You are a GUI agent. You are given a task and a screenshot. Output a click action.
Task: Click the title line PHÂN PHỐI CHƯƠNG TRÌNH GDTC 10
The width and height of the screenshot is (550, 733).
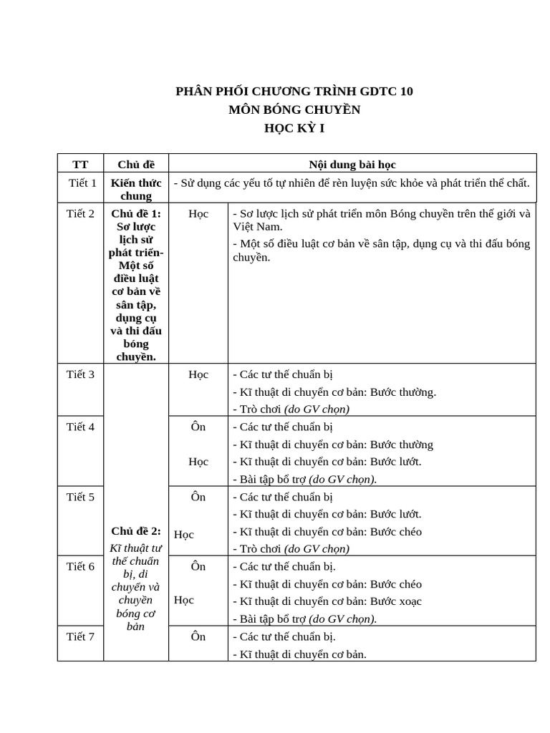pyautogui.click(x=294, y=92)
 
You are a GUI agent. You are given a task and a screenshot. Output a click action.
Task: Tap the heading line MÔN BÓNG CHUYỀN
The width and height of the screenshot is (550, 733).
pyautogui.click(x=294, y=110)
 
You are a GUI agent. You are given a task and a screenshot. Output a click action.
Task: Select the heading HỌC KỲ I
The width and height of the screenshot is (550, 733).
pyautogui.click(x=294, y=129)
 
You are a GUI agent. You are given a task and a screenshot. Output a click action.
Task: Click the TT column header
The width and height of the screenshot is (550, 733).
pyautogui.click(x=80, y=165)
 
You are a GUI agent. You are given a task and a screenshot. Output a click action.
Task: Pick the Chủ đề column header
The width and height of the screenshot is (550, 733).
pyautogui.click(x=135, y=165)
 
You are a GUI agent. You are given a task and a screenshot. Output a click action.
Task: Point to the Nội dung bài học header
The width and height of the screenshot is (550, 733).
pyautogui.click(x=352, y=165)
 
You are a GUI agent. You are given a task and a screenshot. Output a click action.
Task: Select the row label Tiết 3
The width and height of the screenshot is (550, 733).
pyautogui.click(x=80, y=374)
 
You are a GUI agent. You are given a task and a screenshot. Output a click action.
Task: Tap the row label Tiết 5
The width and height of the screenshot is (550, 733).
pyautogui.click(x=80, y=497)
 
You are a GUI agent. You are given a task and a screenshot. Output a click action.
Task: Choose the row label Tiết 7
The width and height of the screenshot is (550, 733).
pyautogui.click(x=80, y=636)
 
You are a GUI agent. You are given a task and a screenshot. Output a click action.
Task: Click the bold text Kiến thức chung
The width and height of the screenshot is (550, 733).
pyautogui.click(x=135, y=190)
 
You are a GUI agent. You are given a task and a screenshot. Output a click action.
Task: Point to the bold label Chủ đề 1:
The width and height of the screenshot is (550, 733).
pyautogui.click(x=135, y=213)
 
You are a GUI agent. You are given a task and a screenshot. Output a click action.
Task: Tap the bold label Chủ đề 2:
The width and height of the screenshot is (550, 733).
pyautogui.click(x=135, y=531)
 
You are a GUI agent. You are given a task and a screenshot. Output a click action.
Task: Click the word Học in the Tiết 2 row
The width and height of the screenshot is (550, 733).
pyautogui.click(x=198, y=213)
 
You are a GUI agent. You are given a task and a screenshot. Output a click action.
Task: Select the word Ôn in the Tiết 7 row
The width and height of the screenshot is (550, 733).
pyautogui.click(x=198, y=636)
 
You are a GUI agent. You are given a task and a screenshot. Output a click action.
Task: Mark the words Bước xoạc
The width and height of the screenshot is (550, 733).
pyautogui.click(x=396, y=601)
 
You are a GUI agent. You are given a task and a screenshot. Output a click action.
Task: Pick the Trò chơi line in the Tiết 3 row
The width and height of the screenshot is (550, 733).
pyautogui.click(x=291, y=409)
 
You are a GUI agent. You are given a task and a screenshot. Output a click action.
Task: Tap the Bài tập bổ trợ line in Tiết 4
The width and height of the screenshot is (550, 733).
pyautogui.click(x=304, y=480)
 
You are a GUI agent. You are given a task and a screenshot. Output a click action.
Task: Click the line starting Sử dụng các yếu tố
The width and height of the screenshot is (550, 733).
pyautogui.click(x=352, y=183)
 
